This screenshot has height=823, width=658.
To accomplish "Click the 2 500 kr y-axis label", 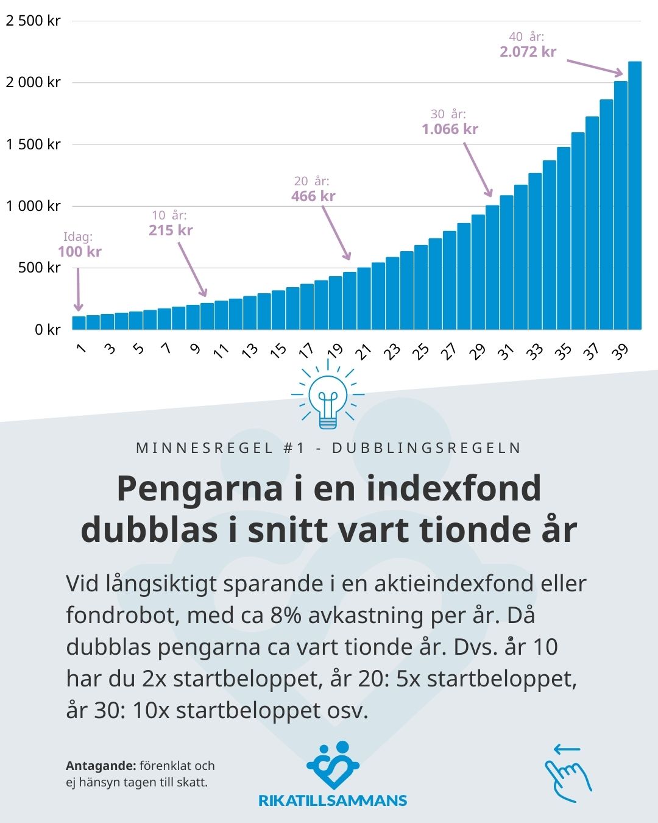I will [x=34, y=21].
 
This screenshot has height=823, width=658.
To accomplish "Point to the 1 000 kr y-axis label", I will [x=34, y=206].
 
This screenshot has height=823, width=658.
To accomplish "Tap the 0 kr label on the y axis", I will [x=48, y=330].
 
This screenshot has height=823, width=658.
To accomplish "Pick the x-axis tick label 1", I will [x=80, y=348].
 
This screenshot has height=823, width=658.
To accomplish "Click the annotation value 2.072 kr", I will [x=528, y=52].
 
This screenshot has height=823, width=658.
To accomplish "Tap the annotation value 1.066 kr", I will [x=450, y=129].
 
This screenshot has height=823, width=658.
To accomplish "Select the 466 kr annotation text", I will [x=313, y=196].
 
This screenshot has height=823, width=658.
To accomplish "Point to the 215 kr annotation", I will [x=171, y=230].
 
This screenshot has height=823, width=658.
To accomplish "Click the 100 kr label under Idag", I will [x=80, y=252].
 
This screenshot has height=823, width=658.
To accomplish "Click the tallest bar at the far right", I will [x=635, y=195].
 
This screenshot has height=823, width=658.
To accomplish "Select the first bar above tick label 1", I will [x=79, y=322].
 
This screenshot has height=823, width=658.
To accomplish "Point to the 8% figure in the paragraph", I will [x=286, y=615].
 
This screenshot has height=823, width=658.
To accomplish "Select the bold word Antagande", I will [x=101, y=766].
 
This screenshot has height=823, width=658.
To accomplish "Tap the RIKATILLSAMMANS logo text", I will [x=333, y=801].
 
